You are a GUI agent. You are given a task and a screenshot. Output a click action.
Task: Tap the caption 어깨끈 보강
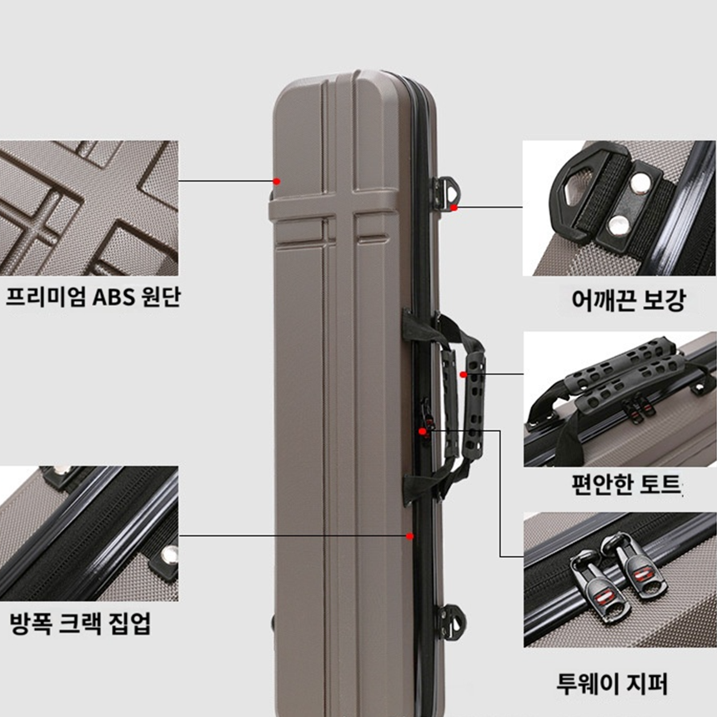629,300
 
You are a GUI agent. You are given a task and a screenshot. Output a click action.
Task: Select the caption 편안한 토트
626,485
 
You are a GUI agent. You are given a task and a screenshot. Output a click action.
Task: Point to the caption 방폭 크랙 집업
80,623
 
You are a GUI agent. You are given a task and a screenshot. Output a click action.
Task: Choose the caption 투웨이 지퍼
612,684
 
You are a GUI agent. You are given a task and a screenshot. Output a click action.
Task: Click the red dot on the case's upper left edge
277,181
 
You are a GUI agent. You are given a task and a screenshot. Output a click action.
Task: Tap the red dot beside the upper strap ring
454,208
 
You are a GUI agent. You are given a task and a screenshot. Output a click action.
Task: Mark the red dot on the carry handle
464,374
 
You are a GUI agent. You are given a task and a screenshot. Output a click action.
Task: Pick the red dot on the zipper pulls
423,431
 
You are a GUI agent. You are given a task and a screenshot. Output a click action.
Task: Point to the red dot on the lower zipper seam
409,536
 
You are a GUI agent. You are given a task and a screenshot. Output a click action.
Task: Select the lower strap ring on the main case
451,620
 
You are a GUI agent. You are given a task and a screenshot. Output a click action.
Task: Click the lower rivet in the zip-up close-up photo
170,554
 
